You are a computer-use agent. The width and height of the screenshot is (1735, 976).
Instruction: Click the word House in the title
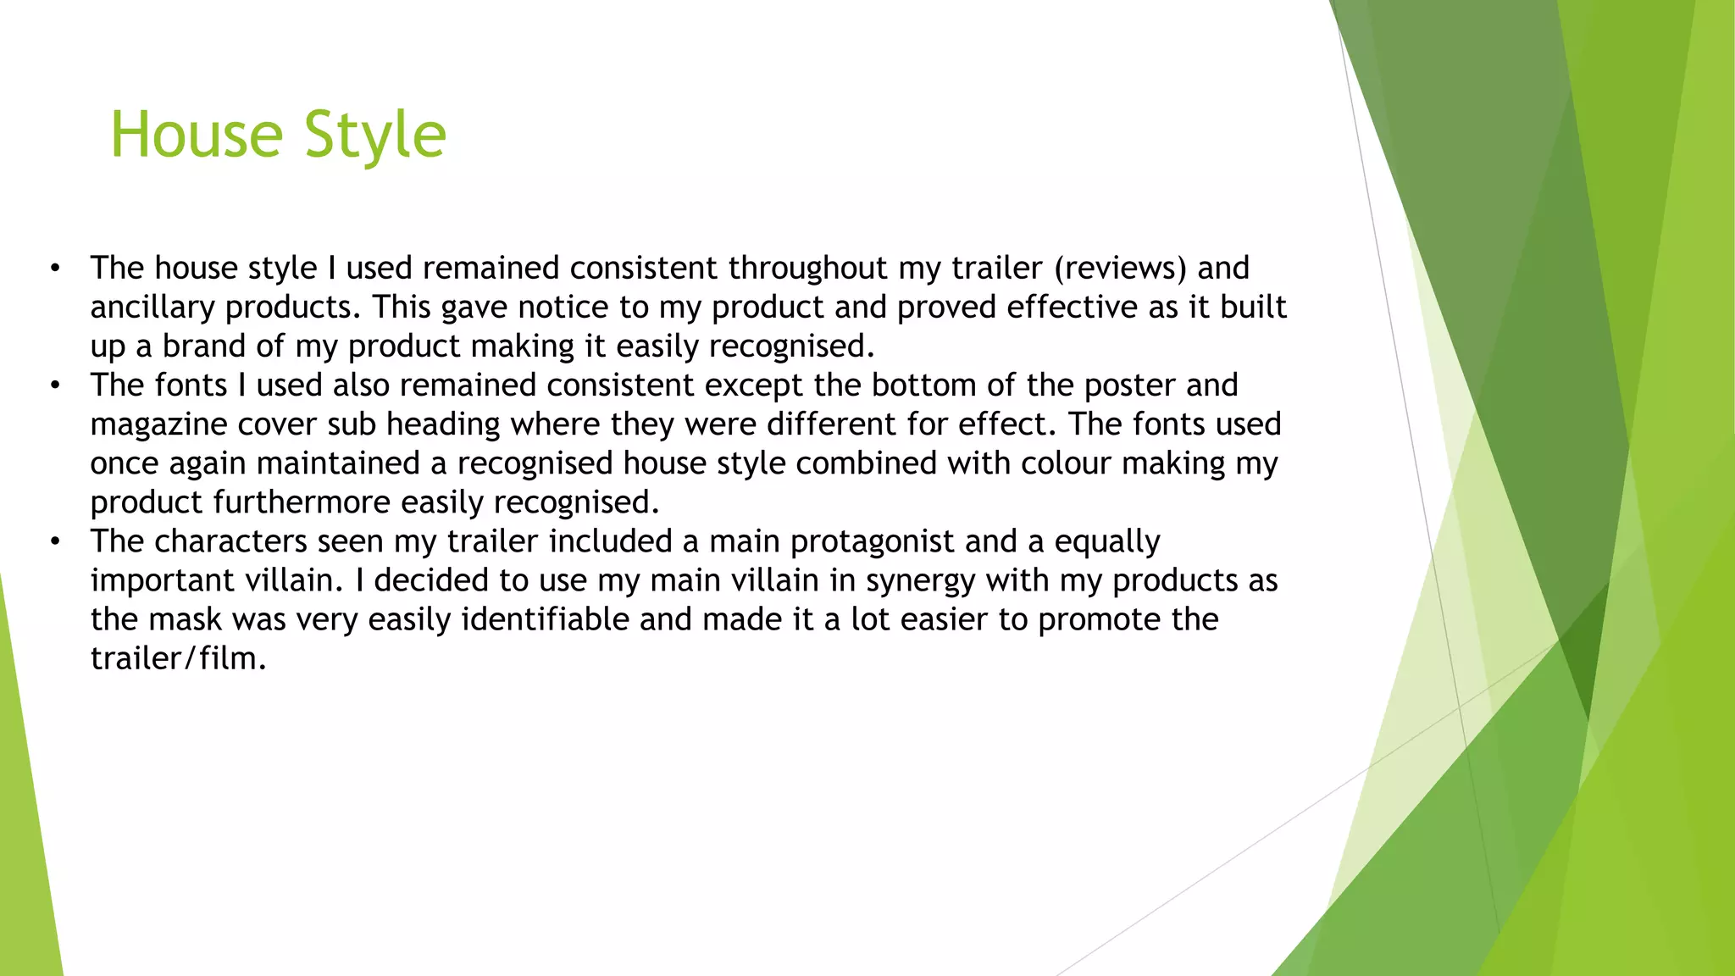click(x=197, y=135)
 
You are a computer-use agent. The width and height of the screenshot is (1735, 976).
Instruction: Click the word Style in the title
click(x=374, y=135)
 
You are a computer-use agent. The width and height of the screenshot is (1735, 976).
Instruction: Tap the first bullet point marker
click(x=55, y=269)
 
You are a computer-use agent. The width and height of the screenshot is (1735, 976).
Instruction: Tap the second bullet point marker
click(x=55, y=385)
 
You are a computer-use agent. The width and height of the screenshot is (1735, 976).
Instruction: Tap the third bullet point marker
click(x=55, y=541)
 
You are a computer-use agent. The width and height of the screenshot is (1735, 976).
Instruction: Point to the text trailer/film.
click(x=178, y=658)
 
